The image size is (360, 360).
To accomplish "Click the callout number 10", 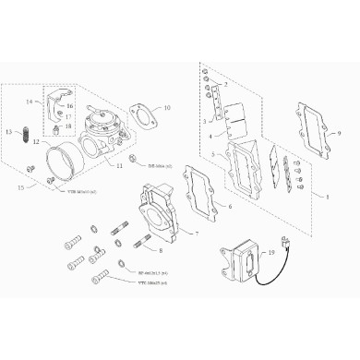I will coord(167,108).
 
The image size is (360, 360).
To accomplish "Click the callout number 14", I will coord(29,100).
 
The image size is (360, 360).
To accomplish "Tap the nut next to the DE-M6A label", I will coord(130,168).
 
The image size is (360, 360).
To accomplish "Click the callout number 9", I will coord(340,134).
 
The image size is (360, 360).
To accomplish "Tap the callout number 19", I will coord(271,251).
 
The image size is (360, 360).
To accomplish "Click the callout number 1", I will coord(322,196).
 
